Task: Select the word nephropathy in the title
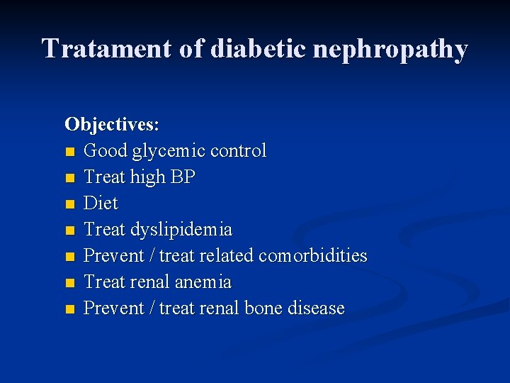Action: pos(387,49)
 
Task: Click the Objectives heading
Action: pos(112,125)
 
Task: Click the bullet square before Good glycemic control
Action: pos(69,152)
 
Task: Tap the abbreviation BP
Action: pos(183,177)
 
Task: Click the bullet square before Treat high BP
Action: pos(69,178)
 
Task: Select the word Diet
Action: pos(101,204)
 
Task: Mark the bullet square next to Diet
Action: pos(69,204)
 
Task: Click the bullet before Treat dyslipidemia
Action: pos(69,231)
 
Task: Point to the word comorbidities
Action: pos(313,255)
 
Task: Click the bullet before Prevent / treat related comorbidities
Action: pos(69,257)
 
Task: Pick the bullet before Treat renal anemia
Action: pos(69,283)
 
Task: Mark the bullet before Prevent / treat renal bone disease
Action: pos(69,309)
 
